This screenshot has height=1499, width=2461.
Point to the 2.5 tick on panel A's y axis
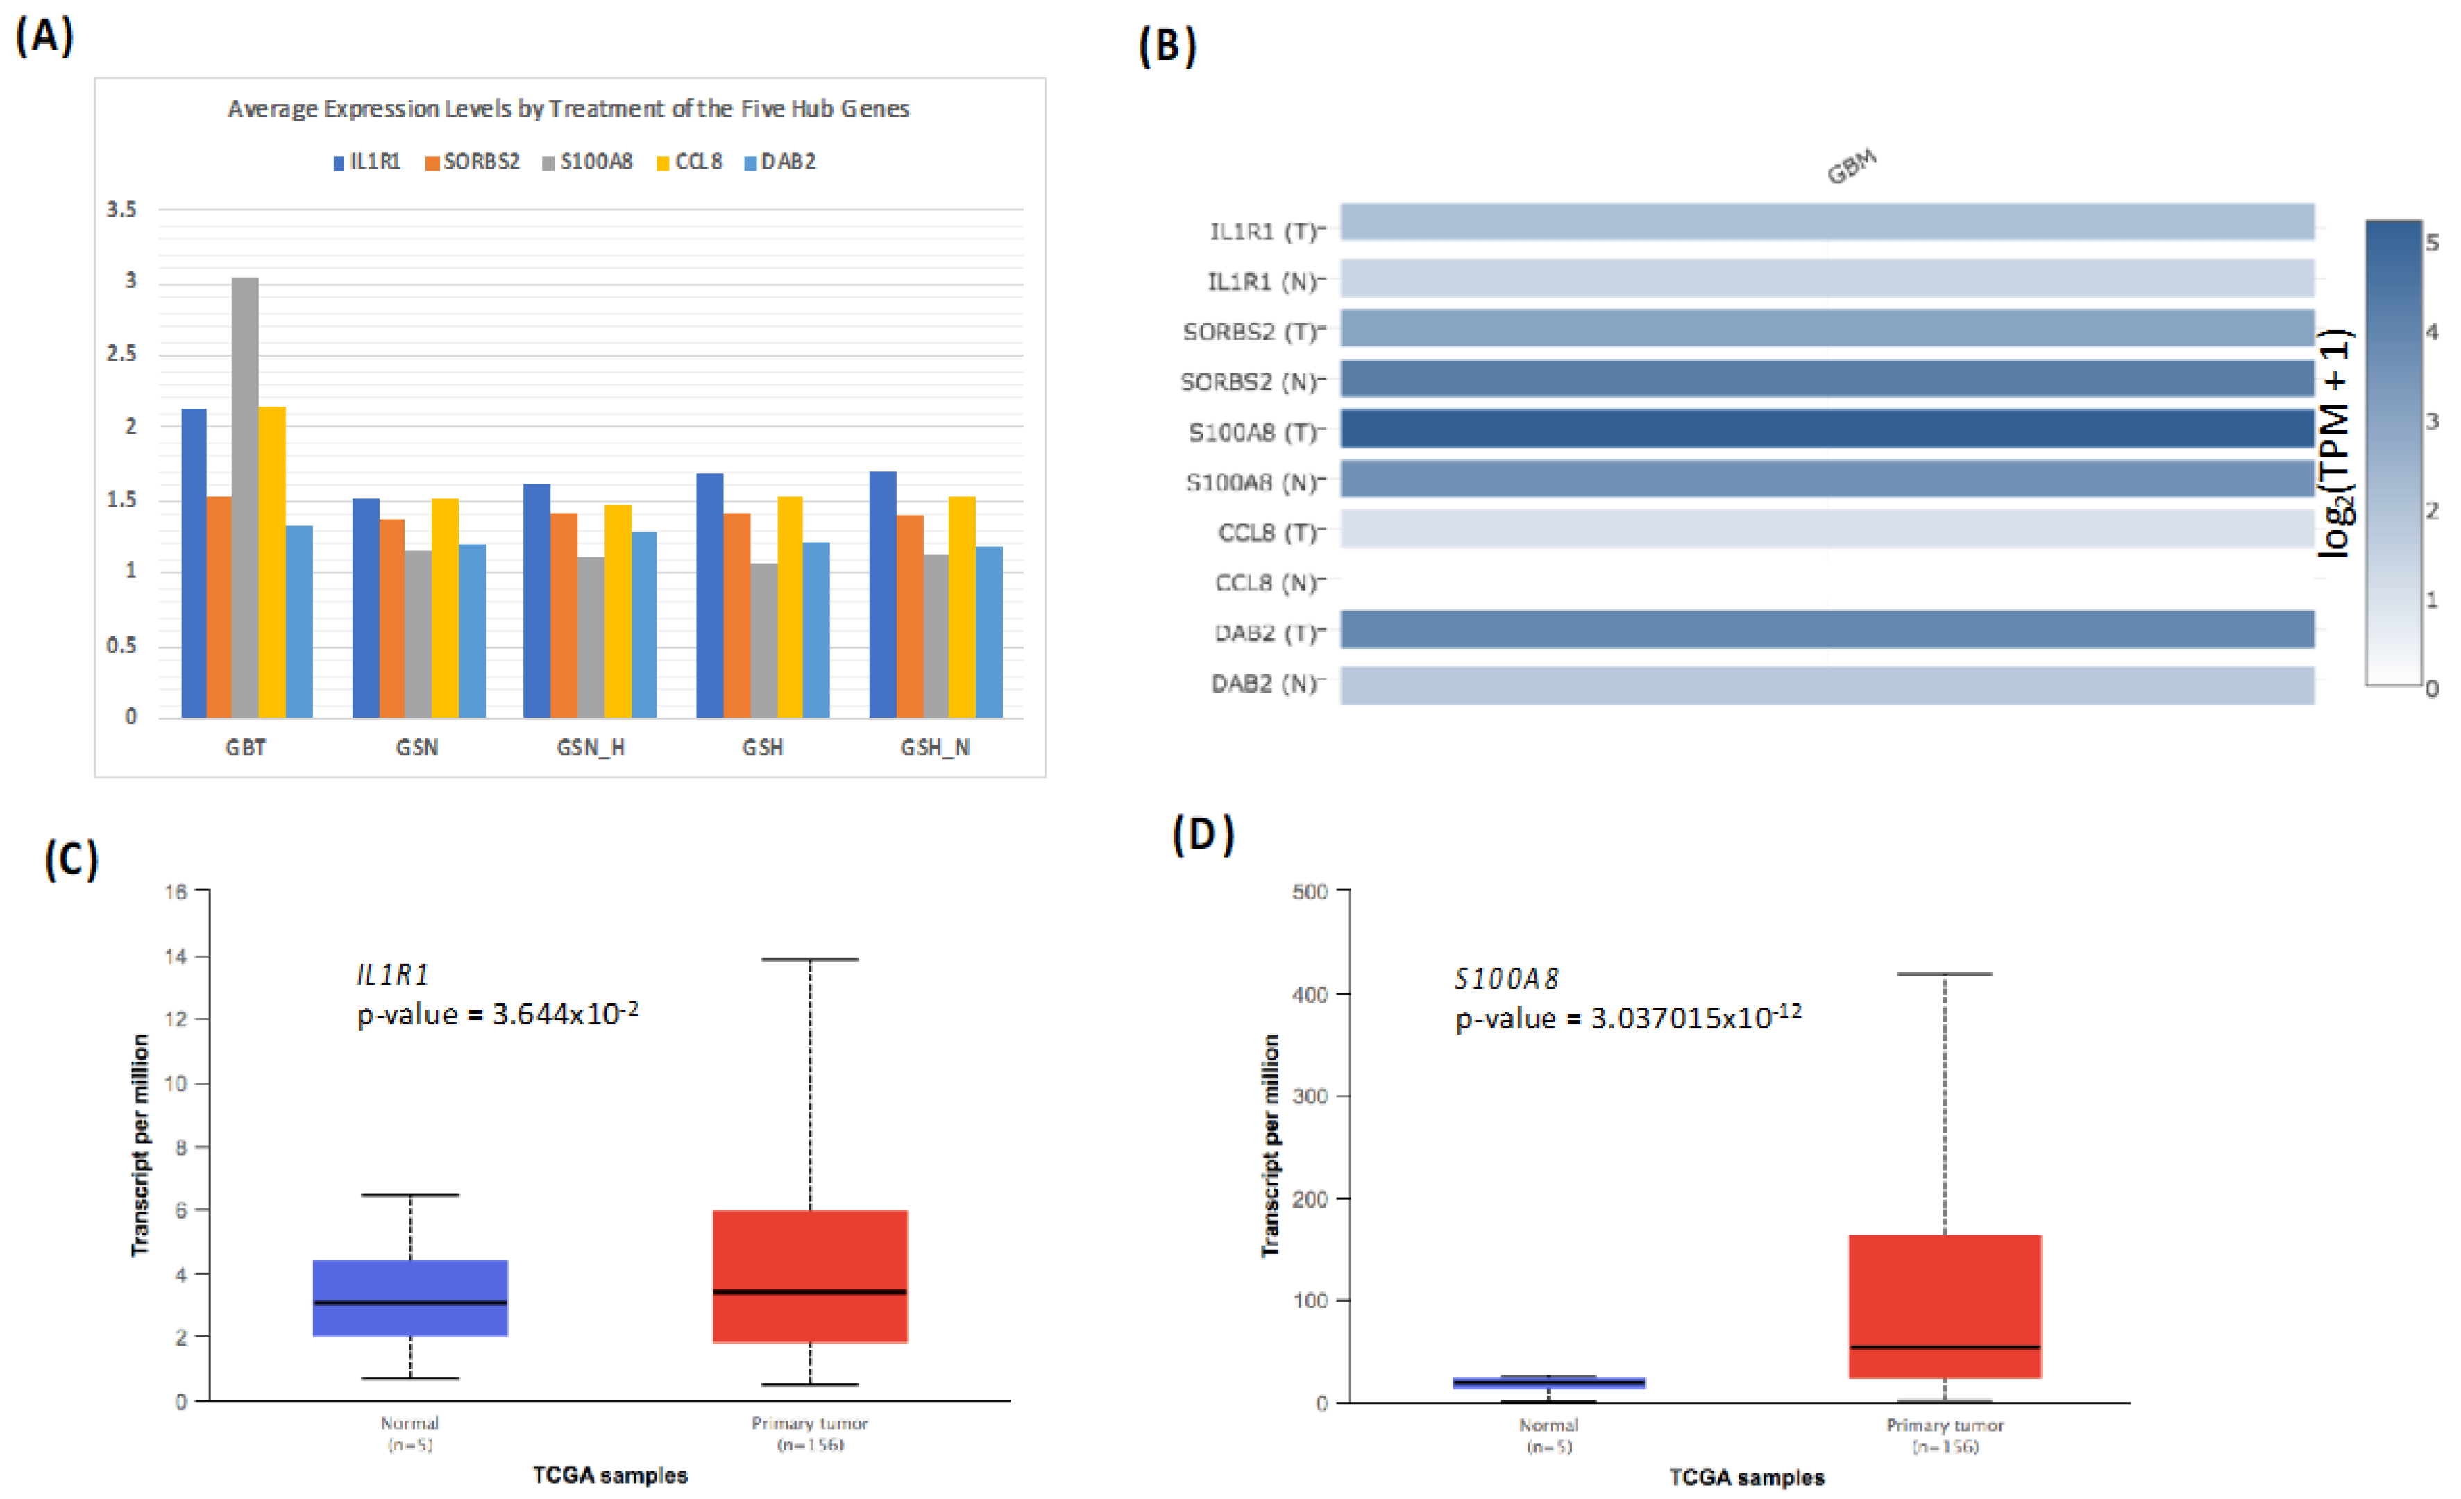click(x=122, y=353)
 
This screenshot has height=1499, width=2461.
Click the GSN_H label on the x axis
click(x=591, y=747)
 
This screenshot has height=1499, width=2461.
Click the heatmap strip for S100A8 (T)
click(x=1826, y=428)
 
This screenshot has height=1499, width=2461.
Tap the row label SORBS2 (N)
click(x=1249, y=382)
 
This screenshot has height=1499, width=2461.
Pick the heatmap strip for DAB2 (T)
click(x=1826, y=629)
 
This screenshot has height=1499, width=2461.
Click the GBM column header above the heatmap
click(x=1851, y=167)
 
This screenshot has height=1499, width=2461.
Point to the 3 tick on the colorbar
click(x=2432, y=421)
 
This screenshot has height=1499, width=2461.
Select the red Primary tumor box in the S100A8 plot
click(x=1944, y=1305)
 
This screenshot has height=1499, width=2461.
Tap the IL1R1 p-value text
click(x=498, y=1015)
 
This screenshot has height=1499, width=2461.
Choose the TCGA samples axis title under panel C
click(x=609, y=1475)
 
